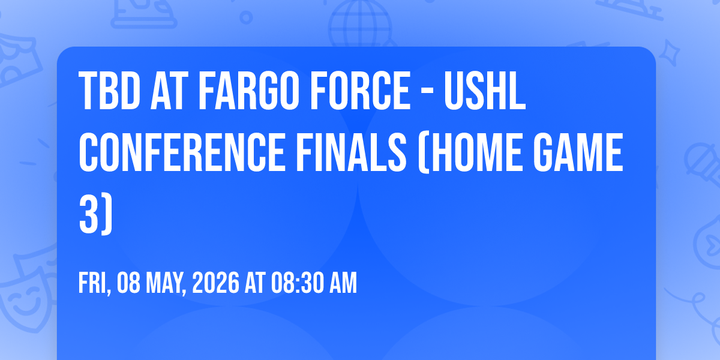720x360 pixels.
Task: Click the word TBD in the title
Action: [x=110, y=91]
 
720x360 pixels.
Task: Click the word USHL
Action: [x=485, y=91]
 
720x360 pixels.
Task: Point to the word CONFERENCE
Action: [x=182, y=152]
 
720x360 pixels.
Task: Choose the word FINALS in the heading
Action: [x=352, y=152]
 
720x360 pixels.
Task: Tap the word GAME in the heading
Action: [x=578, y=152]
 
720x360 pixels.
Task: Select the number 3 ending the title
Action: [x=88, y=214]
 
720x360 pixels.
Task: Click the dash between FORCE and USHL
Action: [x=427, y=93]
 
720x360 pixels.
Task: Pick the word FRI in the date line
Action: [x=93, y=283]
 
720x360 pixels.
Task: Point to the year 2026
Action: [x=215, y=283]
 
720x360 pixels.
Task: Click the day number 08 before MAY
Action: [x=128, y=283]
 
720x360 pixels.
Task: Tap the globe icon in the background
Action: [x=360, y=24]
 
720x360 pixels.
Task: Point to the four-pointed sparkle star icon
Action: [x=669, y=53]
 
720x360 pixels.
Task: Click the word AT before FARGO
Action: [x=169, y=91]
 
